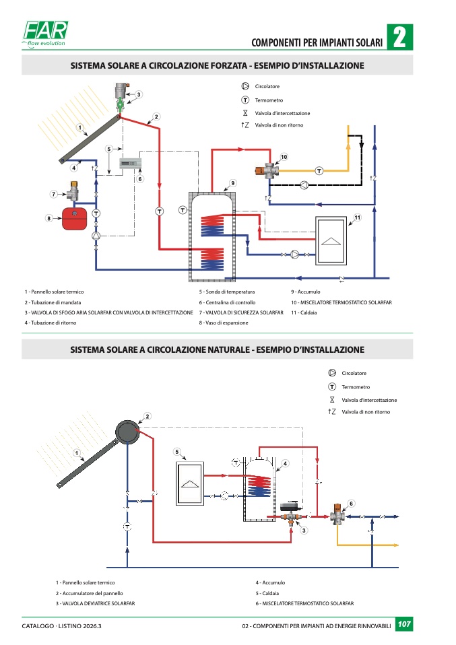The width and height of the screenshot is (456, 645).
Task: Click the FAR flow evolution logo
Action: point(45,36)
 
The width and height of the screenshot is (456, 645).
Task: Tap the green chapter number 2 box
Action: point(399,38)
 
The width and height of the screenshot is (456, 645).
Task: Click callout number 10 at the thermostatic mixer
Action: point(284,157)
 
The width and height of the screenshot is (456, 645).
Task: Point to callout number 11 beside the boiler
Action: point(358,217)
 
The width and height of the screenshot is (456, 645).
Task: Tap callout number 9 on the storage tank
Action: point(232,183)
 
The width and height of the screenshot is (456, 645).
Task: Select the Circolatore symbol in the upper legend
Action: point(245,86)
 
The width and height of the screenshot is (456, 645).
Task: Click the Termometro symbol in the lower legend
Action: point(332,387)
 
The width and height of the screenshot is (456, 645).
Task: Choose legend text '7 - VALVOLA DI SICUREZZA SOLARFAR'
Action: point(241,313)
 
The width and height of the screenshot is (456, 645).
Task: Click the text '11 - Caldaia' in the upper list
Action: point(304,313)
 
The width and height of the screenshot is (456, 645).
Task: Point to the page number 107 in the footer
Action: point(404,625)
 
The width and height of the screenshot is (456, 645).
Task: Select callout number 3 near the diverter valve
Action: point(304,531)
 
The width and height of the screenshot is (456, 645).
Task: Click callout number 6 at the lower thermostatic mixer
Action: point(352,503)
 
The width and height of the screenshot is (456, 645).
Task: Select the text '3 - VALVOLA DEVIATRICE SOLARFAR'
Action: point(95,604)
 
